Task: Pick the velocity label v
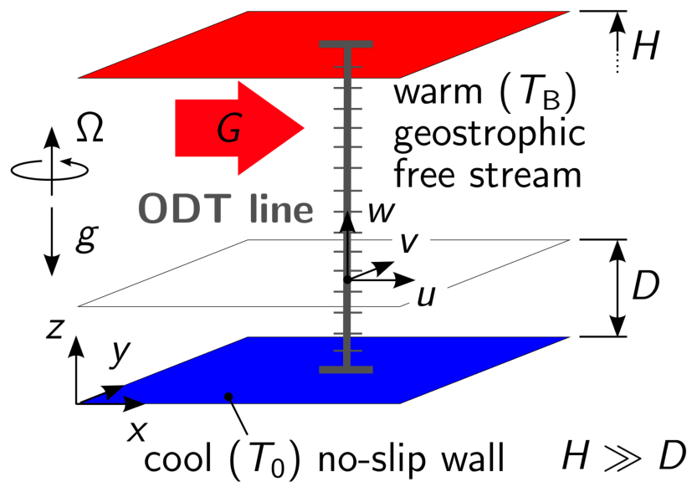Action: tap(410, 243)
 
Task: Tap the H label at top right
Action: tap(645, 47)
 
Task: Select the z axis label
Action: tap(56, 329)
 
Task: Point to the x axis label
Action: tap(137, 430)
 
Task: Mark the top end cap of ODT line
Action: tap(345, 44)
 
